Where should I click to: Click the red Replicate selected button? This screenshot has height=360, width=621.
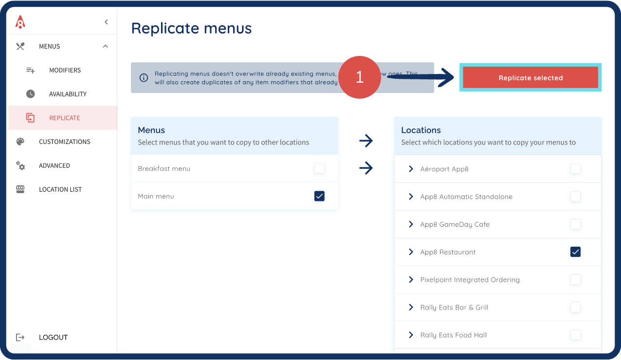click(530, 78)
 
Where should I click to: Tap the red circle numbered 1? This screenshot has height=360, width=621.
click(360, 77)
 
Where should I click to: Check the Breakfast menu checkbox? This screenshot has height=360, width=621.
click(319, 169)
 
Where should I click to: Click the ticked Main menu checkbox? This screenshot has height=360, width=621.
click(319, 196)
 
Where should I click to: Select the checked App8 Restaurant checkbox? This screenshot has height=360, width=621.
click(575, 252)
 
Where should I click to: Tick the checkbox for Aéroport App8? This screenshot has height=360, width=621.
click(575, 169)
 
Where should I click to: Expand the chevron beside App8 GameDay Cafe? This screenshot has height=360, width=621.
click(411, 224)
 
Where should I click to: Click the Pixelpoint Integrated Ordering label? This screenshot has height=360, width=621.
click(470, 280)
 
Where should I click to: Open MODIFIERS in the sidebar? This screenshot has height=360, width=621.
click(65, 70)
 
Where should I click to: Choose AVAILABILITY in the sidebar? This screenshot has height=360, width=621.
click(68, 94)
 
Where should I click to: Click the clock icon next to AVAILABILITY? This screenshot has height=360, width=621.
click(30, 94)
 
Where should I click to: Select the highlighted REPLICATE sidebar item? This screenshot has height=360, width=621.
click(64, 118)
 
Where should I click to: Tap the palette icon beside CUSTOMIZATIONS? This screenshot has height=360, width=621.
click(20, 142)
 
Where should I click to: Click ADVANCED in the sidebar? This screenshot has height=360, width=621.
click(55, 165)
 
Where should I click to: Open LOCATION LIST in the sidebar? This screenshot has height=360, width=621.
click(60, 189)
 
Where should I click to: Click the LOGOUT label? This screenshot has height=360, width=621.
click(53, 337)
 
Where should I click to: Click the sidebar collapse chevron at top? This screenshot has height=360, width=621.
click(106, 22)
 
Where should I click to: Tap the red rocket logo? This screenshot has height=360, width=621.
click(20, 21)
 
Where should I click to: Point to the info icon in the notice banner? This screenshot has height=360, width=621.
click(144, 78)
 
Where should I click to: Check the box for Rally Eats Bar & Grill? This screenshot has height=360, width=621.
click(575, 307)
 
